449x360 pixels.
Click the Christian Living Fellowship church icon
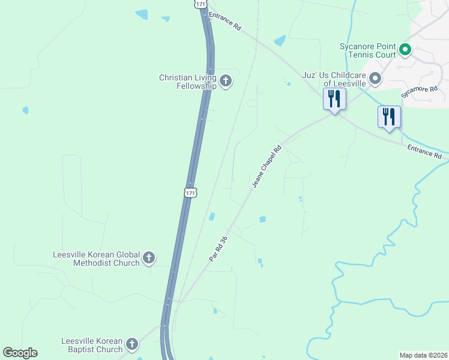(x=226, y=81)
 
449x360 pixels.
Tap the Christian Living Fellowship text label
(x=187, y=82)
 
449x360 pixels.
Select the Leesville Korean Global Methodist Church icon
(x=149, y=259)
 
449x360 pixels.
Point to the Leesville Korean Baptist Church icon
(x=132, y=344)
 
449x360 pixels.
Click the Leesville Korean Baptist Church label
(x=92, y=345)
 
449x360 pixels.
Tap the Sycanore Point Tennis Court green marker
(x=405, y=50)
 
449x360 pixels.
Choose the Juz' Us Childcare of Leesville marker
(x=375, y=79)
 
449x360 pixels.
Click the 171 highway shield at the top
(x=200, y=4)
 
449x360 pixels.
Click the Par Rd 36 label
(x=218, y=248)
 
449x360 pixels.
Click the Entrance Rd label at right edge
(x=424, y=151)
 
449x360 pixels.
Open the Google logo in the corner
(x=20, y=353)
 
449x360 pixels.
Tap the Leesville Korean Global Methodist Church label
(x=96, y=259)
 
